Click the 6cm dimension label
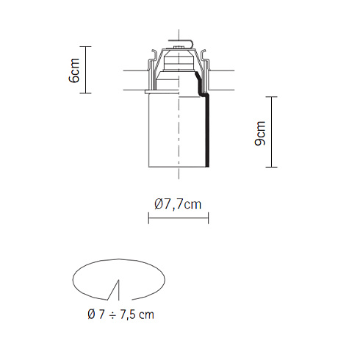coord(74,71)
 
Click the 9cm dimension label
coord(260,134)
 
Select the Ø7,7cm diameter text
coord(178,204)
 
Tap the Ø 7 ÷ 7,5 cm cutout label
coord(120,314)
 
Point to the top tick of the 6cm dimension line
coord(85,46)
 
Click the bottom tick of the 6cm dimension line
coord(85,93)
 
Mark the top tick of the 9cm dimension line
coord(271,97)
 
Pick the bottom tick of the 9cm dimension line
coord(271,167)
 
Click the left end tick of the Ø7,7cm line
coord(148,218)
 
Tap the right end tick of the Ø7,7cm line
coord(208,218)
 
